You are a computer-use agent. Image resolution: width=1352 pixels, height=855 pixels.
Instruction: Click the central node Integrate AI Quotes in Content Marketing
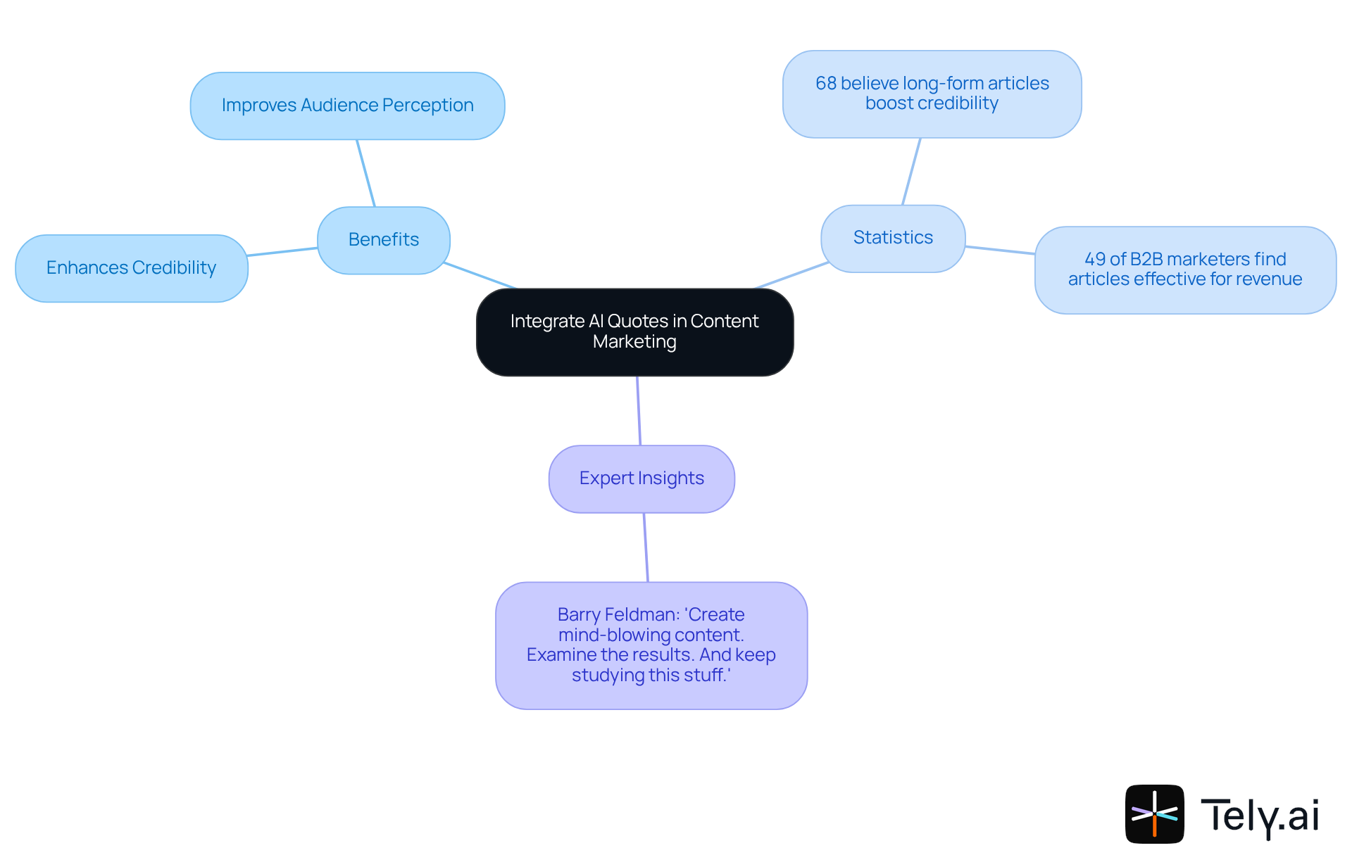click(634, 331)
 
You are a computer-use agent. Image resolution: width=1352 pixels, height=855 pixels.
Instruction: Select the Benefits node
click(383, 240)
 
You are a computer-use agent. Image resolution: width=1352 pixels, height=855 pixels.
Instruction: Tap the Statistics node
click(892, 238)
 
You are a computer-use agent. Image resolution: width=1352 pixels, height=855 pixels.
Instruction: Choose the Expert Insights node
click(641, 479)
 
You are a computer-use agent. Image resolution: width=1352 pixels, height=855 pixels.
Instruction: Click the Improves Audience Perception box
click(347, 106)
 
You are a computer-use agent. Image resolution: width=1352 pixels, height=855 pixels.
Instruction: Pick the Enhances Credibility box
click(131, 268)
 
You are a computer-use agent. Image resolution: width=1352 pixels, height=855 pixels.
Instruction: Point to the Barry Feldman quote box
click(651, 645)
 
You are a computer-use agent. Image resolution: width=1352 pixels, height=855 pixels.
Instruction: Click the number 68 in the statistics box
click(825, 84)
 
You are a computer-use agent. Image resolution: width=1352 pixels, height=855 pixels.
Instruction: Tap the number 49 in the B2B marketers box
click(1094, 260)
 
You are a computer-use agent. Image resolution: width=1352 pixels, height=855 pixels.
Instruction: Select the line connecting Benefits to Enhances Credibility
click(282, 251)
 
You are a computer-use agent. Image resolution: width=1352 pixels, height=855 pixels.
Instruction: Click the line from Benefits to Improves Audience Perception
click(365, 173)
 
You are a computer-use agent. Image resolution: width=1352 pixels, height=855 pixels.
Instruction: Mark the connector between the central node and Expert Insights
click(639, 411)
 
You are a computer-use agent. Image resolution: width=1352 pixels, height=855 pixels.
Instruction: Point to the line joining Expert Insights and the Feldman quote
click(646, 547)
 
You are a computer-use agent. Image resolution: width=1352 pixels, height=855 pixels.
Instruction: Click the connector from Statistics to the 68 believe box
click(911, 172)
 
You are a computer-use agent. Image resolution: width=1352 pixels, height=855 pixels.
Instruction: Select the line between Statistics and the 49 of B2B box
click(1000, 250)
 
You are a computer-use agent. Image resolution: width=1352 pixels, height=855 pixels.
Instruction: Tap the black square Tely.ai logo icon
click(1154, 813)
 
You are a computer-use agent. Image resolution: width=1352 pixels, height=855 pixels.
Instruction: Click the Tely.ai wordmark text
click(1260, 816)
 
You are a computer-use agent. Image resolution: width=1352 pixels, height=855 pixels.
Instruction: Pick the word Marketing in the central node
click(634, 342)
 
